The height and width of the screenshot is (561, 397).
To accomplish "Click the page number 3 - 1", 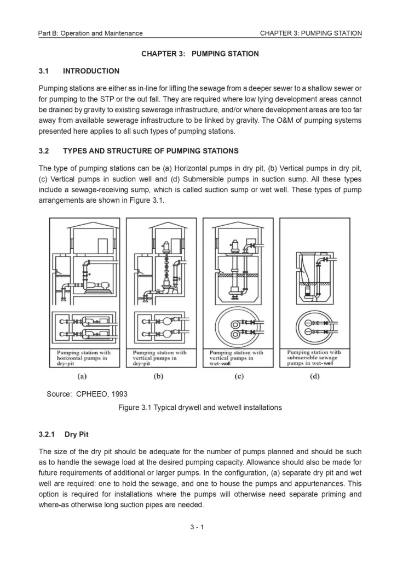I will click(197, 527).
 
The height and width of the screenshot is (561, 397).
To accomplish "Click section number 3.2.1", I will click(48, 435).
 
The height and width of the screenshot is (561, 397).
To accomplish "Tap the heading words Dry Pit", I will click(77, 435).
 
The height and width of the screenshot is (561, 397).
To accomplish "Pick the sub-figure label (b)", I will click(159, 376).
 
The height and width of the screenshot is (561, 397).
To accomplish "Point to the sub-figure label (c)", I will click(237, 376).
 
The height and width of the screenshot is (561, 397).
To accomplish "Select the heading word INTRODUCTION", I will click(91, 71).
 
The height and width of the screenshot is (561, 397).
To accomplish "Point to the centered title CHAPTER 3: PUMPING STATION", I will click(200, 54).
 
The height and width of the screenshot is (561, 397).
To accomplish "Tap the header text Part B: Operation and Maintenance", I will click(90, 33).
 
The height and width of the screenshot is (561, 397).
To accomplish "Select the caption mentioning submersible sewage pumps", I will click(314, 358).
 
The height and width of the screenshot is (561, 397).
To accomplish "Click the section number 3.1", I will click(44, 71).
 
